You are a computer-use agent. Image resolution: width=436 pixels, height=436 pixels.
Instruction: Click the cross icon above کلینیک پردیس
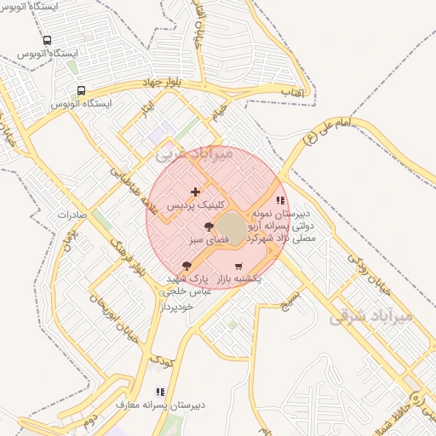coord(196,192)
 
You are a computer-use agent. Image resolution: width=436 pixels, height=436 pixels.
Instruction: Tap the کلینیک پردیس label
coord(196,205)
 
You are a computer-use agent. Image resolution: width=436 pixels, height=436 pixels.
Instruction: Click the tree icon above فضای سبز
coord(209,227)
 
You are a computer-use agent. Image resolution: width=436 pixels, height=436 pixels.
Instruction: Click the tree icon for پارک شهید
coord(186,267)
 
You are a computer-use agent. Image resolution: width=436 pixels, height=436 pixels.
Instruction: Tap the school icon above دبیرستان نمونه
coord(280,201)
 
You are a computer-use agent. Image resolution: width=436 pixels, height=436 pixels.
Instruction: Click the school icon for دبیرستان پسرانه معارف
coord(160,393)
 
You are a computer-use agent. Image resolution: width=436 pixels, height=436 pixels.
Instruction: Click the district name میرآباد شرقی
coord(370,317)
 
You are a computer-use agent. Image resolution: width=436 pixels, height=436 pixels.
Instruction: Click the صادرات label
coord(72,215)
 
